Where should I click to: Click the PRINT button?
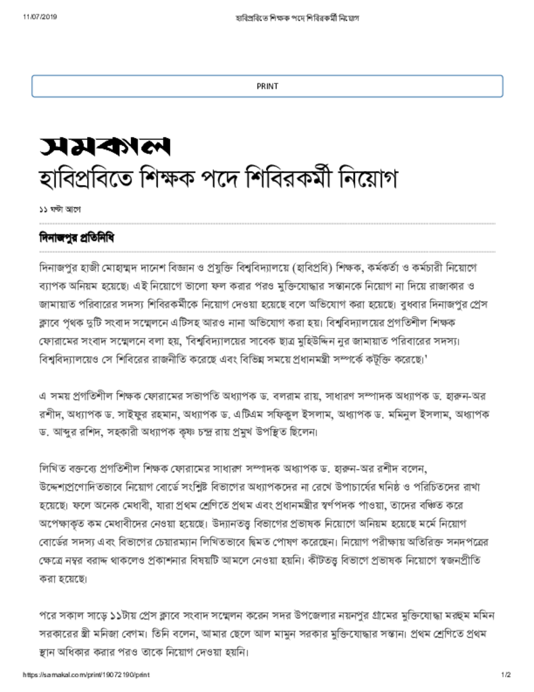pyautogui.click(x=267, y=86)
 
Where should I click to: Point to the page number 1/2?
pyautogui.click(x=506, y=675)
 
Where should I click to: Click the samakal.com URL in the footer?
pyautogui.click(x=86, y=675)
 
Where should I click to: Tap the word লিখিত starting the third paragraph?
pyautogui.click(x=53, y=468)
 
